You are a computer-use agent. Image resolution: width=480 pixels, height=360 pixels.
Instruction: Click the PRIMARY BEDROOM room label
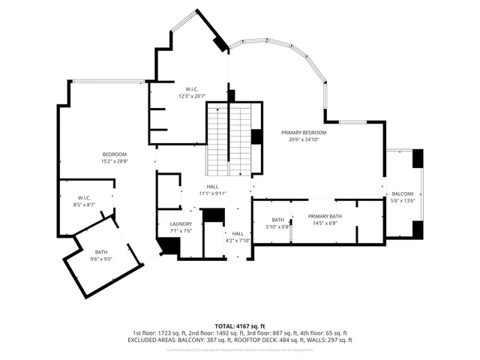click(x=300, y=133)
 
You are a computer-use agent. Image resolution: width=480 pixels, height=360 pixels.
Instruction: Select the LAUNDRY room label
click(x=181, y=223)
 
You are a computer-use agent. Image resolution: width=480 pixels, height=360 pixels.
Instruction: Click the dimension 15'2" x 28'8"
click(x=115, y=160)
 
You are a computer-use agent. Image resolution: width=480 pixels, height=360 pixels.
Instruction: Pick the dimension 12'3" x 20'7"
click(x=191, y=96)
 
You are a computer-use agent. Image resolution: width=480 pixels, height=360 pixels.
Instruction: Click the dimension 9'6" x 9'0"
click(x=102, y=259)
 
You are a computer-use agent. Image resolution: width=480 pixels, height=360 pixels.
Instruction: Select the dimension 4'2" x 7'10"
click(x=238, y=241)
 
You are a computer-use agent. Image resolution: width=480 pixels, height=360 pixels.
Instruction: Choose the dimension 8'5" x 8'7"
click(x=84, y=204)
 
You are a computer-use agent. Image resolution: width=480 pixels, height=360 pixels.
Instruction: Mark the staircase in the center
click(x=229, y=139)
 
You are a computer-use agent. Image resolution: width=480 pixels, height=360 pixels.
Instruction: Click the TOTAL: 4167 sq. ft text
click(x=240, y=326)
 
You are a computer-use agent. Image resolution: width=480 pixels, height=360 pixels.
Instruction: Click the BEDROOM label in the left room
click(x=115, y=154)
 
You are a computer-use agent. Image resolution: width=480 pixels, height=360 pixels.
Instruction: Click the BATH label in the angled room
click(x=101, y=252)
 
